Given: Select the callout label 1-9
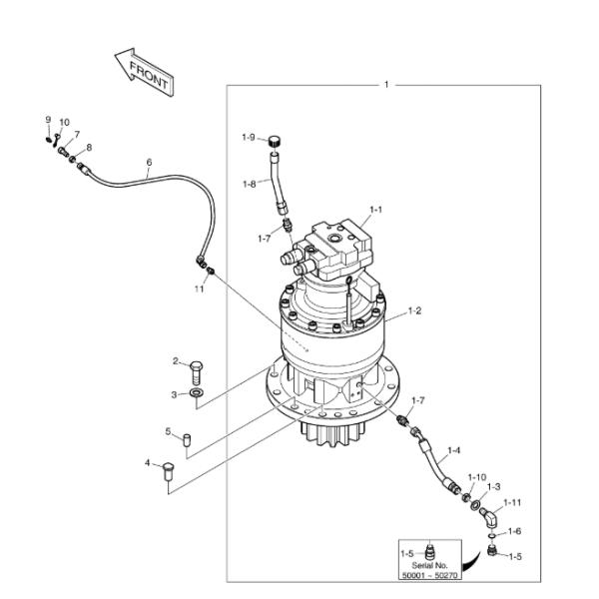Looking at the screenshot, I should [x=249, y=137].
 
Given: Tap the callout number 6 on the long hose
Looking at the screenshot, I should [x=149, y=162].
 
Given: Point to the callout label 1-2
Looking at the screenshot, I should [x=413, y=311].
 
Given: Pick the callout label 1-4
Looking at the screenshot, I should [x=453, y=450].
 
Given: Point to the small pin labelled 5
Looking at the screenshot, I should [x=187, y=436].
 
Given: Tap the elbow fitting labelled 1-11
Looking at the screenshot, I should [x=488, y=518].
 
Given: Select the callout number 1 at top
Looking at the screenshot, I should [x=386, y=85].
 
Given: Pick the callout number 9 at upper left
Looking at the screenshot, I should [x=47, y=120].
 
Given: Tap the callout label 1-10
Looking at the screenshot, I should [x=477, y=477].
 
